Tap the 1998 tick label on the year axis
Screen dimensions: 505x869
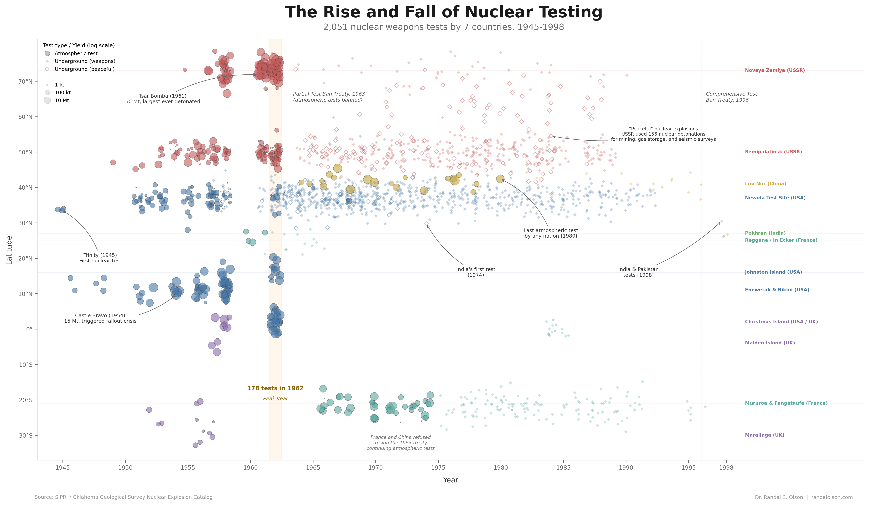click(x=726, y=468)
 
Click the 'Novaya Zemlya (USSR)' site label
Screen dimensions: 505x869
click(x=774, y=70)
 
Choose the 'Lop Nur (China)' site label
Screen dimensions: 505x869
click(x=765, y=184)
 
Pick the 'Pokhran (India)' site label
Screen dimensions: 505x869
click(x=765, y=233)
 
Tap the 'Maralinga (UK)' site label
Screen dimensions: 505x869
click(x=764, y=435)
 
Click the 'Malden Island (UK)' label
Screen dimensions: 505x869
click(x=769, y=343)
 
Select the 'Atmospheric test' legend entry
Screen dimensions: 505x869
click(x=76, y=53)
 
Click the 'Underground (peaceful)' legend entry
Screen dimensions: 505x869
click(x=85, y=69)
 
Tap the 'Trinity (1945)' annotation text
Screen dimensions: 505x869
click(x=100, y=255)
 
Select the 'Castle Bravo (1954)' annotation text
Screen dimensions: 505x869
click(x=100, y=316)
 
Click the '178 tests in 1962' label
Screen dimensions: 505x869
click(x=275, y=388)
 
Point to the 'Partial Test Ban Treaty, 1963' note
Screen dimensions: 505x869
click(x=329, y=94)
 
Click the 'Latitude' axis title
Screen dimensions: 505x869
click(x=9, y=250)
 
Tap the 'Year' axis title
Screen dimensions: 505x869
click(x=450, y=480)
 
